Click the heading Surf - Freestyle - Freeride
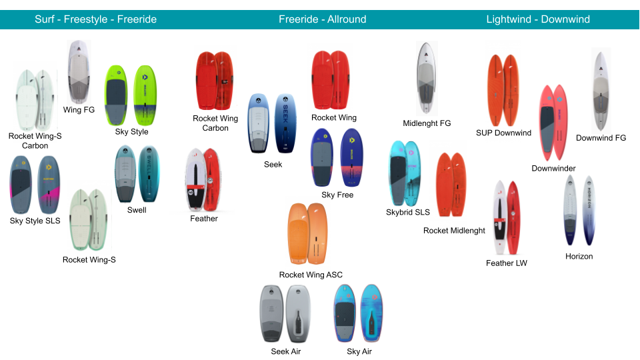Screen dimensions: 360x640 tap(95, 19)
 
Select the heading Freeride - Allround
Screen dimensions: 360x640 tap(322, 19)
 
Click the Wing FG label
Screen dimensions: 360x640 tap(79, 109)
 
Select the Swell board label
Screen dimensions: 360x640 tap(137, 210)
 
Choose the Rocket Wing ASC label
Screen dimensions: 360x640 tap(311, 275)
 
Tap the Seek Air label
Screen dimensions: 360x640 tap(285, 351)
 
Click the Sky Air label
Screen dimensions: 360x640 tap(359, 351)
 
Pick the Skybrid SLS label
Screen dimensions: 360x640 tap(407, 212)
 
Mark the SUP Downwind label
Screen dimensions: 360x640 tap(503, 133)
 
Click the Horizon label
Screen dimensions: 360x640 tap(579, 256)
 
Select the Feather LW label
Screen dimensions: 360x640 tap(506, 263)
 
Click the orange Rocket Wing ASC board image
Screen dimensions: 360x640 tap(308, 234)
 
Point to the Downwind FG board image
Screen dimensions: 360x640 tap(601, 91)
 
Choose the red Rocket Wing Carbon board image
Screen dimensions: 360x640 tap(215, 81)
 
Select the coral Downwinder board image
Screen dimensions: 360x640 tap(553, 123)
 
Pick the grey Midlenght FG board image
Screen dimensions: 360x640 tap(427, 77)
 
